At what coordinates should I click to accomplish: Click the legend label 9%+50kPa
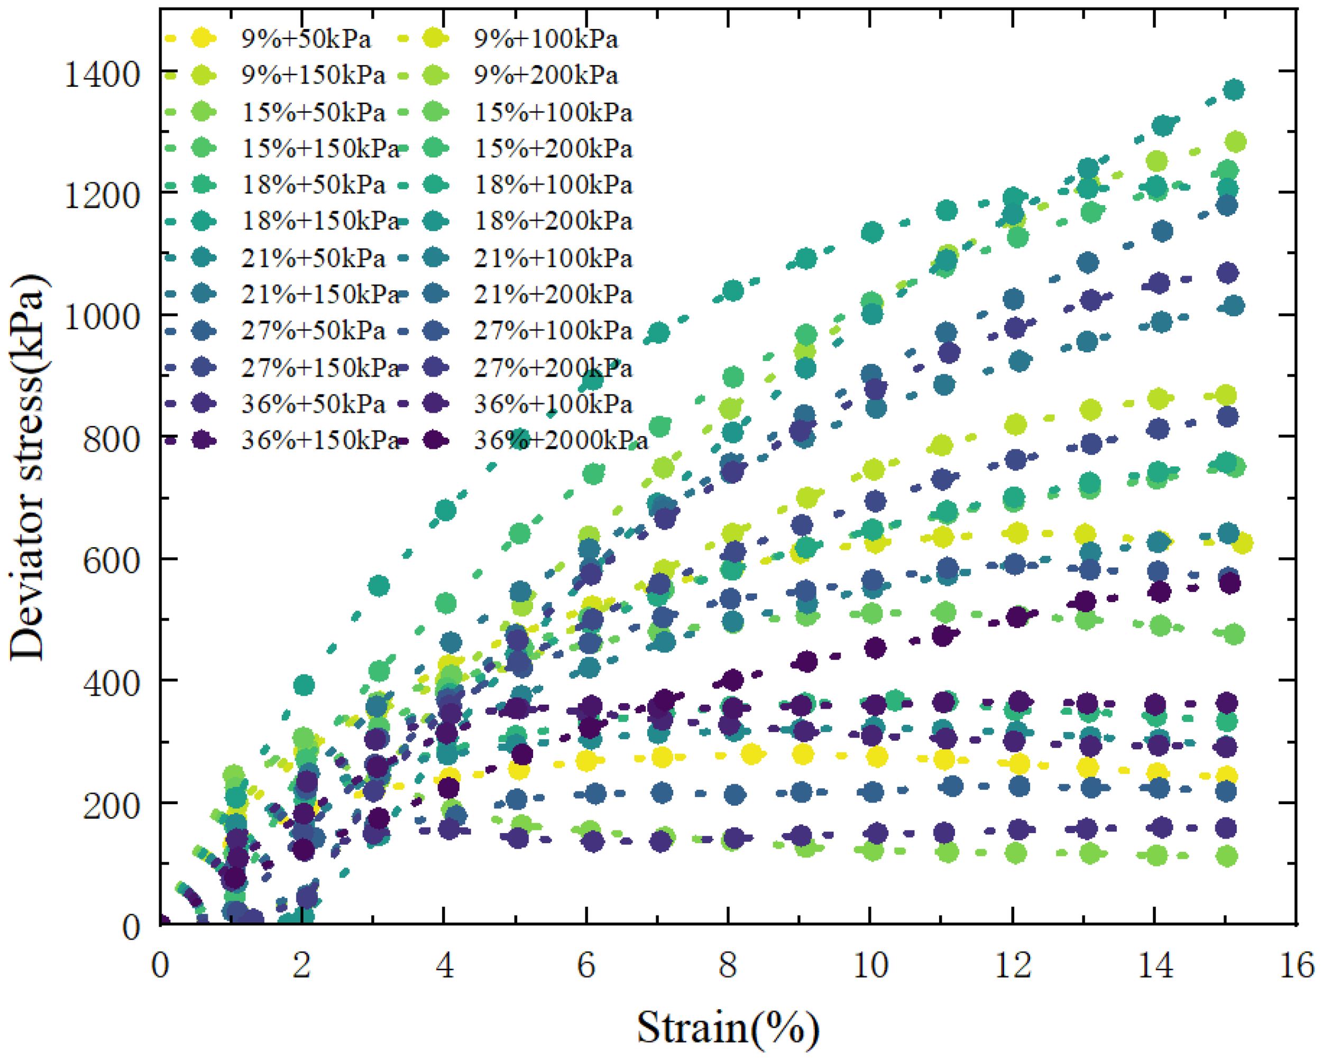[x=305, y=39]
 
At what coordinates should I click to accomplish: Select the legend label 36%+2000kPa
[x=561, y=440]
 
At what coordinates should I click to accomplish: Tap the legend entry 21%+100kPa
[x=553, y=258]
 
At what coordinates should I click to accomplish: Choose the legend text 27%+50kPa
[x=313, y=330]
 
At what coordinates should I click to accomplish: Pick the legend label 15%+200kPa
[x=553, y=149]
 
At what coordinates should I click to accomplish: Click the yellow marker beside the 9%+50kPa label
[x=203, y=39]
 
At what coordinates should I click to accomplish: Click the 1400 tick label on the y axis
[x=102, y=75]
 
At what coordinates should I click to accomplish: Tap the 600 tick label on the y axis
[x=111, y=560]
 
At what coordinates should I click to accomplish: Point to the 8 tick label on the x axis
[x=727, y=966]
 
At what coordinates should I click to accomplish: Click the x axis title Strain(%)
[x=727, y=1028]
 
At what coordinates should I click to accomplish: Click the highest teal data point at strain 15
[x=1233, y=90]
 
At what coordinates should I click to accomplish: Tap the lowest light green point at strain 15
[x=1227, y=856]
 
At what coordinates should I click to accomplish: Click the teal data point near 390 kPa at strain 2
[x=304, y=685]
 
